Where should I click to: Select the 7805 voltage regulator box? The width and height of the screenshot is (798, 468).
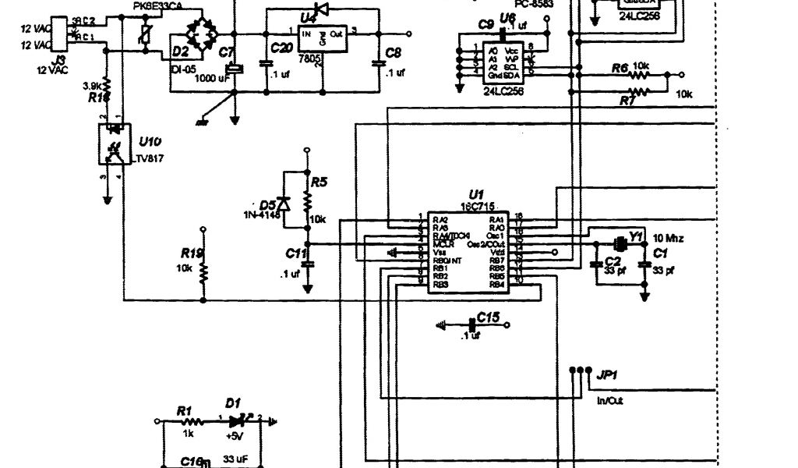point(320,46)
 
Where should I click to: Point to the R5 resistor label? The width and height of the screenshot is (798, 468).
point(319,183)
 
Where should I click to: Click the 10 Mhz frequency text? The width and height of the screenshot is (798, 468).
point(668,238)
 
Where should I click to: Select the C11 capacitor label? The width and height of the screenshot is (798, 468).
point(296,254)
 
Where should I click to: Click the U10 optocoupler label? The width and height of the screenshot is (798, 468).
point(150,142)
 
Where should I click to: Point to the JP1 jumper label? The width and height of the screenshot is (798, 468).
point(606,375)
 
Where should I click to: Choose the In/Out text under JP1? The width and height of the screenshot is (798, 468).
point(609,401)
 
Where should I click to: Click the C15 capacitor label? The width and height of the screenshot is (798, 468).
point(489,317)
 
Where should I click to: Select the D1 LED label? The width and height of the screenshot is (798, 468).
point(232,402)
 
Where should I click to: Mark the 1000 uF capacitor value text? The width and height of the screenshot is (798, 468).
point(212,78)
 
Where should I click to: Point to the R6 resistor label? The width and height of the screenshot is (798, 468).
point(620,69)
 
